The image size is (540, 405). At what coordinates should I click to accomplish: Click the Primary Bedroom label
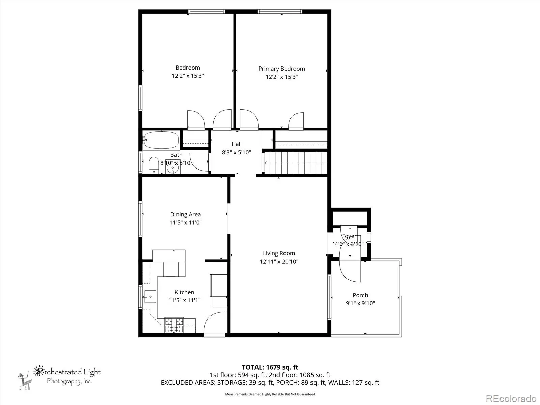tap(281, 69)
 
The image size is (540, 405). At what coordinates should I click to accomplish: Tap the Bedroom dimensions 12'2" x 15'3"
tap(188, 76)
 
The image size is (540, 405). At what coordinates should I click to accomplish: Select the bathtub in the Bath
tap(161, 140)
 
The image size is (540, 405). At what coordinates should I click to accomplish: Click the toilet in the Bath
tap(154, 165)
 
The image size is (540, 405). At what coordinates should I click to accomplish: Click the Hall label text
tap(237, 144)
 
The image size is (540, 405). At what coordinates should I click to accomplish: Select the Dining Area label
tap(186, 214)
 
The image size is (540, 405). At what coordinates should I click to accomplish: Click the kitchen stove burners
tap(174, 325)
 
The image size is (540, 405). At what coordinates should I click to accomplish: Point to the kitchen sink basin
tap(150, 297)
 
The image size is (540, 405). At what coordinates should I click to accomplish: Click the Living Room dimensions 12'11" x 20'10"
tap(279, 261)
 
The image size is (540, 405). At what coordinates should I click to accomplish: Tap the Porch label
tap(360, 295)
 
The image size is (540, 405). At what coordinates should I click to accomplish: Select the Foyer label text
tap(349, 236)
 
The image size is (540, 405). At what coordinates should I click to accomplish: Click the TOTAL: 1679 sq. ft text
tap(270, 367)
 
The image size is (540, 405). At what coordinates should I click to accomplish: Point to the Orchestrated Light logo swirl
tap(38, 371)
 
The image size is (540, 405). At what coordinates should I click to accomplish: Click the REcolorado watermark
tap(511, 398)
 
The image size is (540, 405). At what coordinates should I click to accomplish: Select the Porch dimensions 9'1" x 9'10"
tap(360, 303)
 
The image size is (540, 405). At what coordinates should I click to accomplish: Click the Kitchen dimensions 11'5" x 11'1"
tap(185, 300)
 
